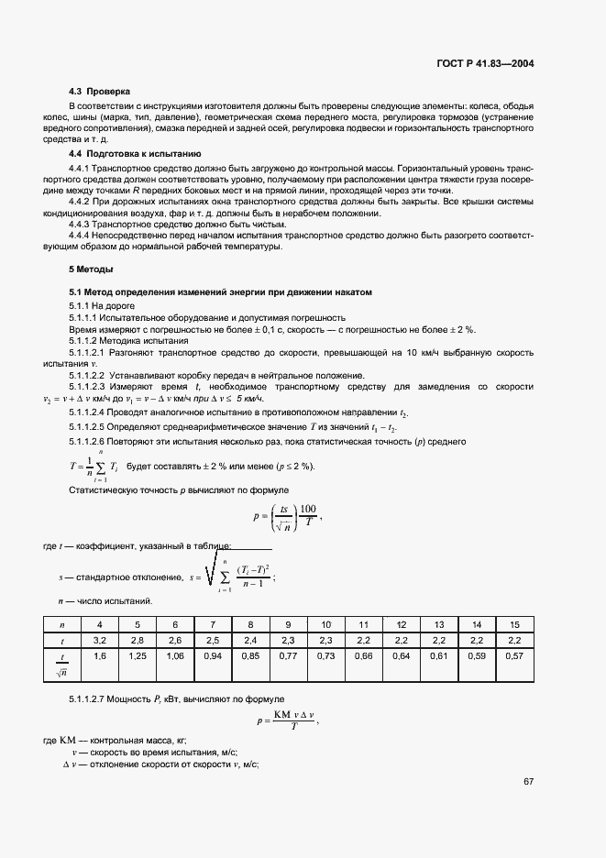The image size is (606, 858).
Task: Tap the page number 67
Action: [x=529, y=782]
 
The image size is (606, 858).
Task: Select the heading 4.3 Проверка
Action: [x=100, y=92]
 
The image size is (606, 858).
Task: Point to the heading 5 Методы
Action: [x=91, y=269]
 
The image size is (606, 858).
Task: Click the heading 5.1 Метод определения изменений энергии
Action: [x=220, y=291]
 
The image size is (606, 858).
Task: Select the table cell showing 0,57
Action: [x=514, y=656]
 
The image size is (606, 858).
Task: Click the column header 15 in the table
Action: [x=514, y=623]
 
